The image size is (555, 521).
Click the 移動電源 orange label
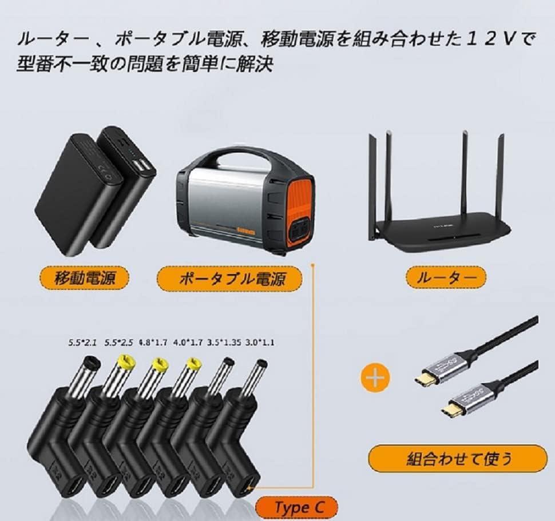pos(85,278)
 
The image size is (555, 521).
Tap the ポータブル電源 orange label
pos(229,279)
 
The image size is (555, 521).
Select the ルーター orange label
pos(446,277)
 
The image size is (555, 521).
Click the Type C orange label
pos(296,508)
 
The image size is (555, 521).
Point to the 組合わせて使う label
pos(458,459)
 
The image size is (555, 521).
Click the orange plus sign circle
pos(375,378)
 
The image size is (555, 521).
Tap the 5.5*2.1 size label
pos(82,343)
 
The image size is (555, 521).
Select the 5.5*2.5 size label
pos(118,343)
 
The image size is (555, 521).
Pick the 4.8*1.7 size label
pos(153,343)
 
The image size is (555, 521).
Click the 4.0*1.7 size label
pos(188,343)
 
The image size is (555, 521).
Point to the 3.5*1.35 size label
pos(224,343)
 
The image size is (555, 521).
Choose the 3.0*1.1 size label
pos(259,343)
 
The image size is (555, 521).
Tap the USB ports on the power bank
pos(141,165)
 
